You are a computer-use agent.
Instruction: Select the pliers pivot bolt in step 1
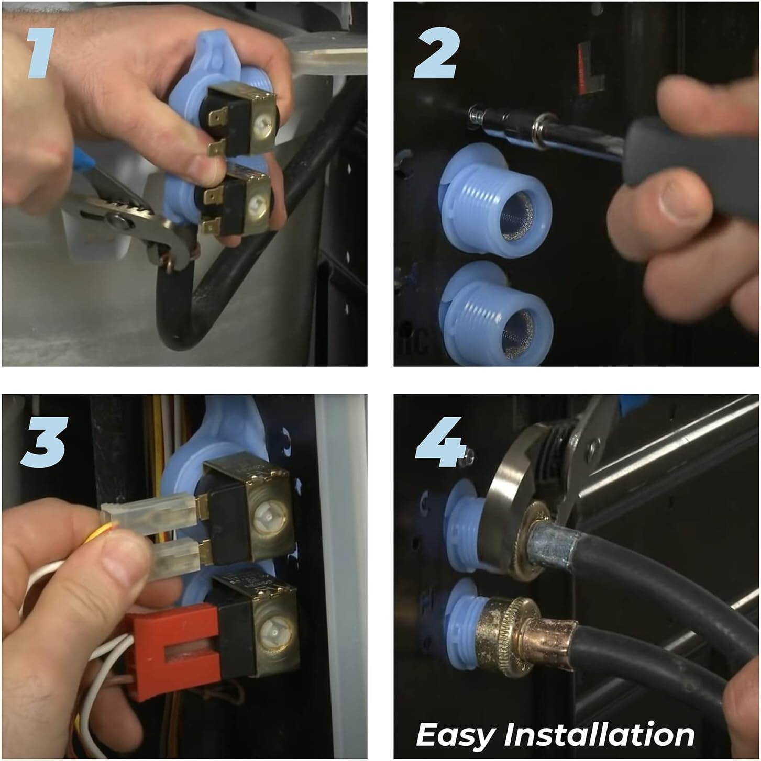pyautogui.click(x=117, y=221)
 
